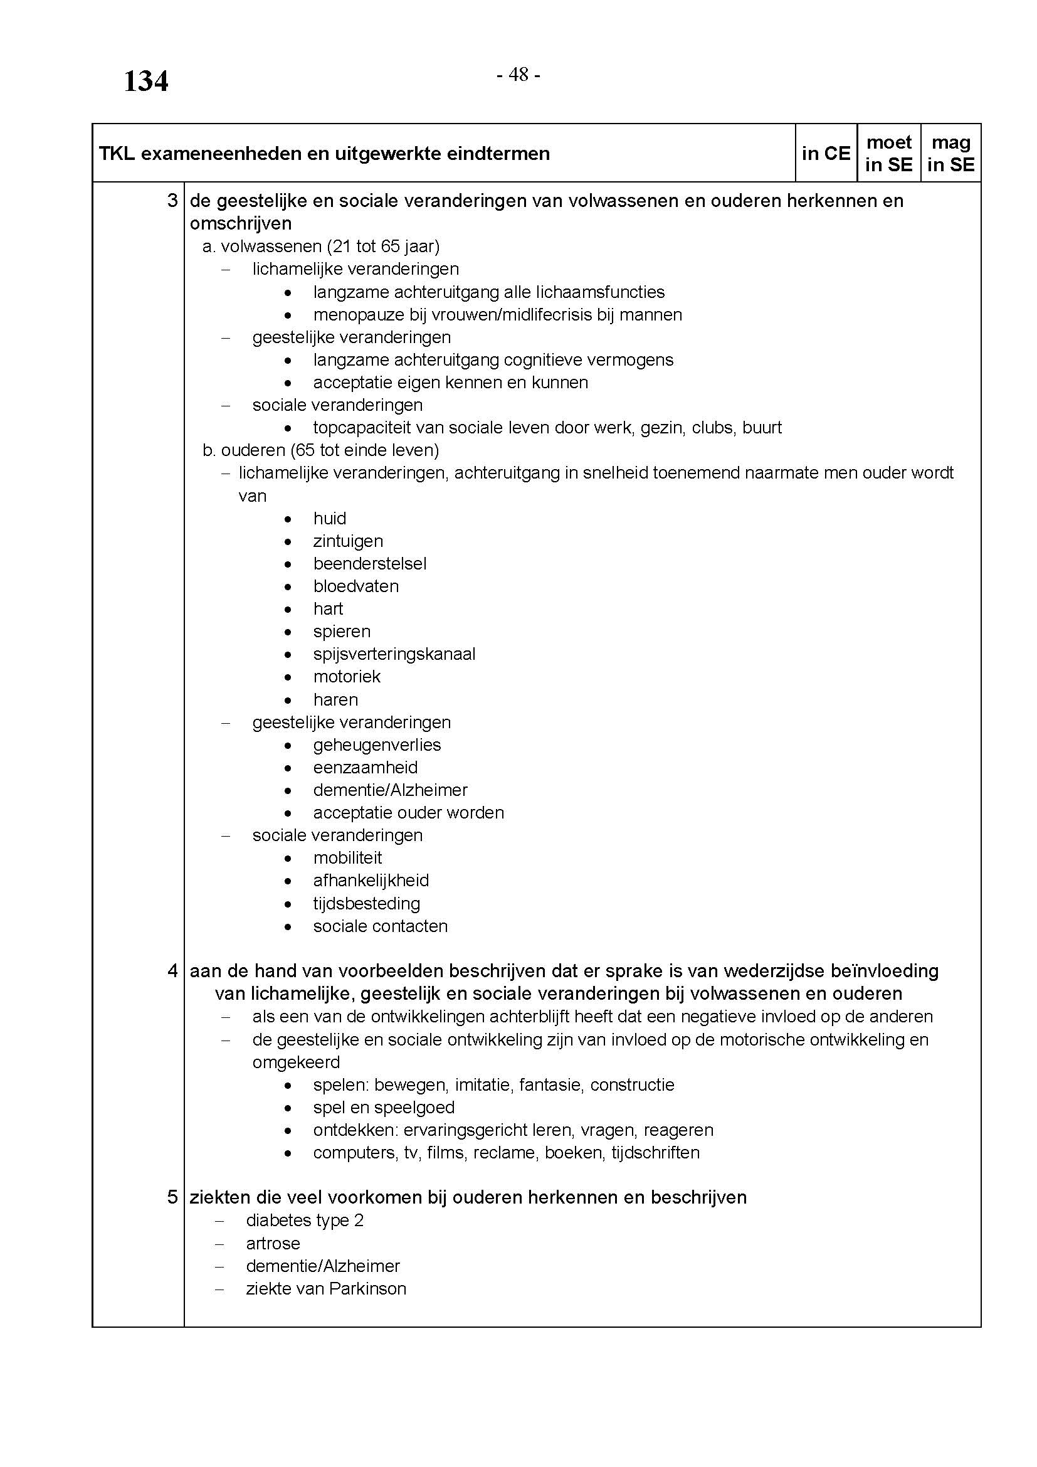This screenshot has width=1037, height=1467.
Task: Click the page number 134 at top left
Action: [x=145, y=82]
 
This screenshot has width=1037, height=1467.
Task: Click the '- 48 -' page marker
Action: [x=518, y=75]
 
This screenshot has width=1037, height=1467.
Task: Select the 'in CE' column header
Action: [x=826, y=153]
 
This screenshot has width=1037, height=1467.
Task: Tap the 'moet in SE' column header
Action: [x=888, y=153]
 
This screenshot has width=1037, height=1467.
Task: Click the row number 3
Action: [x=172, y=201]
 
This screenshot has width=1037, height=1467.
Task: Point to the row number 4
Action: [x=172, y=970]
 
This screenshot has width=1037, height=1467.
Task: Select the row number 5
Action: [x=172, y=1197]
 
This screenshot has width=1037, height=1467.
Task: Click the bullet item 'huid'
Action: [x=330, y=518]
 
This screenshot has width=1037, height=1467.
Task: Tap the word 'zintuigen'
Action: [x=348, y=541]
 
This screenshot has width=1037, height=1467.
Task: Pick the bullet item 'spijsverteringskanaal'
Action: [x=394, y=654]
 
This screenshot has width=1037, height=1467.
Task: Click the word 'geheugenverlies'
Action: [x=377, y=745]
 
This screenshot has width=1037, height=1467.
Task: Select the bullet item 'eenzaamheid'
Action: [x=366, y=767]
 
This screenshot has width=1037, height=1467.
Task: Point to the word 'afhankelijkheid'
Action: [x=371, y=881]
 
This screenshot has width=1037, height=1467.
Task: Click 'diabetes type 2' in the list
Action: [x=305, y=1221]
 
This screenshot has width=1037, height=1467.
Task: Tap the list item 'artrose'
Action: [x=273, y=1243]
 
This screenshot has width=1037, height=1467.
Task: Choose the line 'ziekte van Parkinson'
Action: [x=325, y=1288]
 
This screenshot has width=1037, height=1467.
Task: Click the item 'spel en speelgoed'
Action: [x=384, y=1107]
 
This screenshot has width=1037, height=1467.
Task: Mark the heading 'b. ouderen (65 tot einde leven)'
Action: [x=320, y=450]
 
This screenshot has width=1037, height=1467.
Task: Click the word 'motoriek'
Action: [x=347, y=677]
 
